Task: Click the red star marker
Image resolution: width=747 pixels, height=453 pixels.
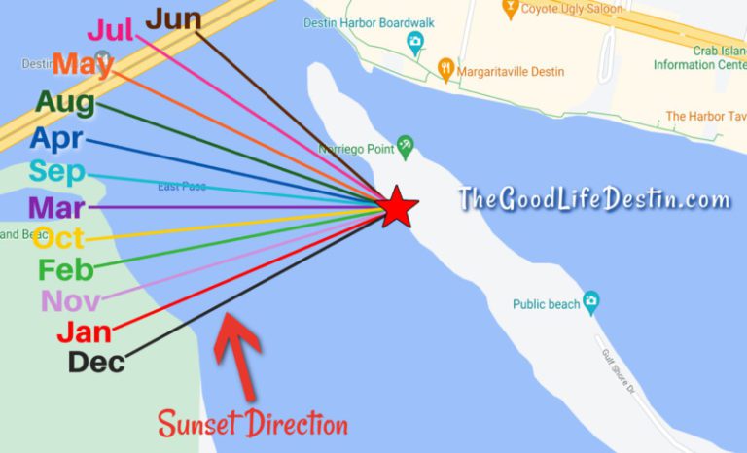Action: (396, 208)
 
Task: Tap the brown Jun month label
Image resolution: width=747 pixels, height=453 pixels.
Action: (174, 17)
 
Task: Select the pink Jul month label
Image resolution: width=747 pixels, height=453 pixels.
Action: (111, 31)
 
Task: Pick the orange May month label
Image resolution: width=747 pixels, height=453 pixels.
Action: (83, 64)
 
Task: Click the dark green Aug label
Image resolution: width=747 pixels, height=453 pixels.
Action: (65, 101)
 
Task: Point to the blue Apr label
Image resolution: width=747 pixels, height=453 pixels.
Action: (56, 137)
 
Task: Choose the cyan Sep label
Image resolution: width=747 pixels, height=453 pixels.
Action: (56, 172)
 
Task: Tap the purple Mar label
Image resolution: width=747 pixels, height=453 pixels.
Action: (56, 206)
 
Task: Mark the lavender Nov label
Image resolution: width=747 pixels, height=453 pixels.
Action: (70, 300)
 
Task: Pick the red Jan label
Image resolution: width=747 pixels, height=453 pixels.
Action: (84, 331)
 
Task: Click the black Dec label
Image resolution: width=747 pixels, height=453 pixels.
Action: (96, 362)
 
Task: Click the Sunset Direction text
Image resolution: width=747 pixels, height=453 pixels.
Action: (252, 424)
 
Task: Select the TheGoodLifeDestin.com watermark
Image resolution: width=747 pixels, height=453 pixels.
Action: (593, 200)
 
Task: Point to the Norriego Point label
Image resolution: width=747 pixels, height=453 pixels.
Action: (354, 150)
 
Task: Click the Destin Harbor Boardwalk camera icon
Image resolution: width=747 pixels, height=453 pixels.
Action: (415, 42)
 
